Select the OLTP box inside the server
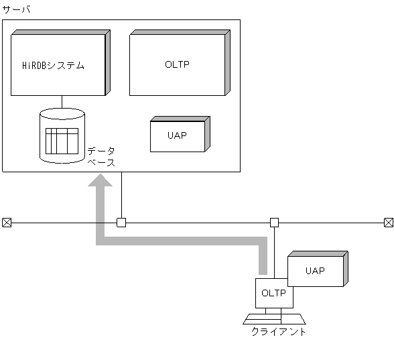(x=177, y=64)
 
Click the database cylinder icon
(x=62, y=136)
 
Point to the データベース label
(x=101, y=157)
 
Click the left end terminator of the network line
(x=7, y=223)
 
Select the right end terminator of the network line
(x=388, y=223)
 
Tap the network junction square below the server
(x=121, y=223)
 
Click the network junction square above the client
(x=274, y=223)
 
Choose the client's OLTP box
(x=273, y=293)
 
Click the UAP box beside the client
(x=314, y=271)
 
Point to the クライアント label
(x=279, y=331)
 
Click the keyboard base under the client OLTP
(x=274, y=318)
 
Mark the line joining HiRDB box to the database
(x=62, y=102)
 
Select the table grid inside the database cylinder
(x=62, y=140)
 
